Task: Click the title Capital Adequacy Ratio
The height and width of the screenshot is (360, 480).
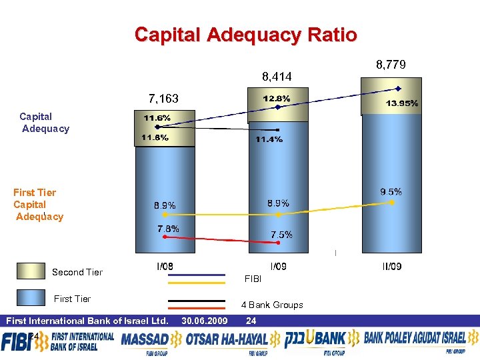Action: pyautogui.click(x=245, y=35)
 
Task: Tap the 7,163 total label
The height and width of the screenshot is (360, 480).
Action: pyautogui.click(x=163, y=99)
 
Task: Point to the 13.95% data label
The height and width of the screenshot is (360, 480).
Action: pyautogui.click(x=402, y=103)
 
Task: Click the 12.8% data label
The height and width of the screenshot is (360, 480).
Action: pyautogui.click(x=276, y=98)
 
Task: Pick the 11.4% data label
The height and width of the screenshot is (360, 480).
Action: pyautogui.click(x=269, y=139)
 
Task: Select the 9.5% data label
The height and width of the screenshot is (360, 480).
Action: pyautogui.click(x=391, y=192)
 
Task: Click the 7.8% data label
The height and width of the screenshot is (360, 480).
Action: pyautogui.click(x=168, y=229)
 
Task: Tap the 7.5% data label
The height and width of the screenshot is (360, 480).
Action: pyautogui.click(x=281, y=235)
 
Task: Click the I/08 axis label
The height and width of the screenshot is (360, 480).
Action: pyautogui.click(x=165, y=267)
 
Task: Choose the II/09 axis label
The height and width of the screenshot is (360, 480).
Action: pyautogui.click(x=391, y=267)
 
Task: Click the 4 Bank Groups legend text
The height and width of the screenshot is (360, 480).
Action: pyautogui.click(x=272, y=305)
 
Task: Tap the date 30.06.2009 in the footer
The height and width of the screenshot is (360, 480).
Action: pyautogui.click(x=204, y=321)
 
